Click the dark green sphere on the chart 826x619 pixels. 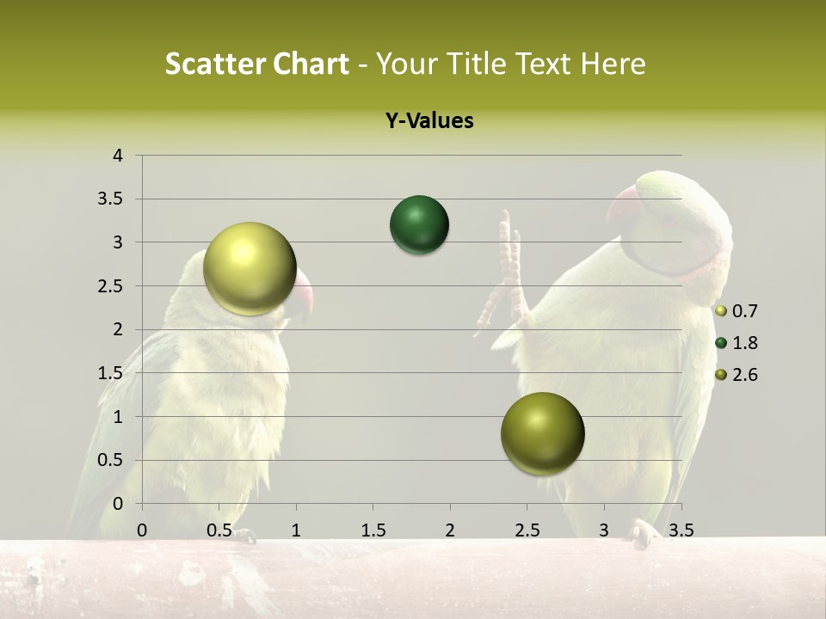(x=419, y=225)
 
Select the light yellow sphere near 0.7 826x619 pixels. (x=250, y=268)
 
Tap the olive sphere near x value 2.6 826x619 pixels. (x=542, y=433)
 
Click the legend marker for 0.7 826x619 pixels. (x=721, y=311)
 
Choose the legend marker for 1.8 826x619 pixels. (x=721, y=343)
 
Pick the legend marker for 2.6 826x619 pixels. (x=721, y=375)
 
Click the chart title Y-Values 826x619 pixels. (x=428, y=121)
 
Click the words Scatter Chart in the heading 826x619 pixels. (x=257, y=64)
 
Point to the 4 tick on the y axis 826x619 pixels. (x=118, y=156)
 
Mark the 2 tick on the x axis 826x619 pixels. (x=449, y=530)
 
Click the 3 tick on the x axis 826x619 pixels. (x=603, y=530)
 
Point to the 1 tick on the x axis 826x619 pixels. (x=296, y=530)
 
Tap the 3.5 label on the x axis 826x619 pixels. (x=681, y=530)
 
